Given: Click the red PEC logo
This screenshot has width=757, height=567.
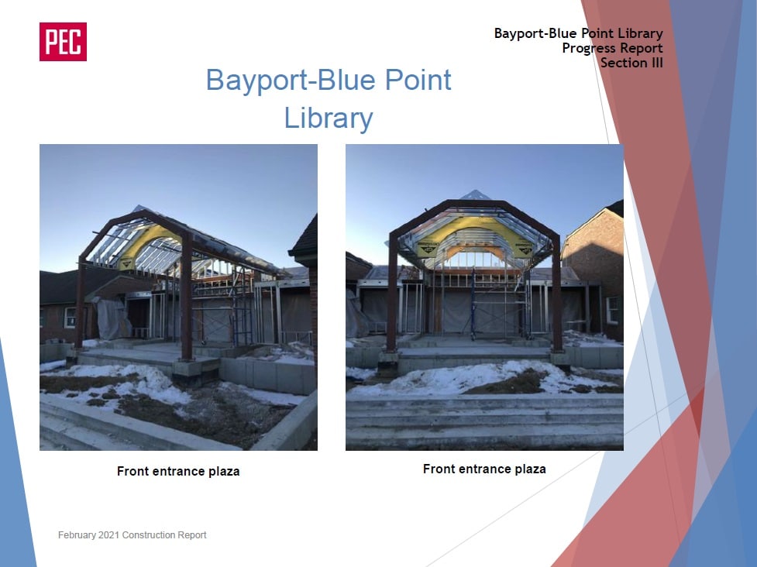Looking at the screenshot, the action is click(x=63, y=42).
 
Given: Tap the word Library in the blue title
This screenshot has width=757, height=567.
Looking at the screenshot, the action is click(x=329, y=119).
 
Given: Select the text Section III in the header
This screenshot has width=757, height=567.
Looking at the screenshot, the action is click(x=631, y=63).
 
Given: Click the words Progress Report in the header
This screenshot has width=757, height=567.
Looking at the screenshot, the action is click(x=612, y=48).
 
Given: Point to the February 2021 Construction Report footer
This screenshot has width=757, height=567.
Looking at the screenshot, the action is click(x=132, y=534).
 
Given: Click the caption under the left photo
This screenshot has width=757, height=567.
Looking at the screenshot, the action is click(x=178, y=471).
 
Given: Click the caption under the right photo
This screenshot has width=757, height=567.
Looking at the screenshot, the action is click(x=484, y=469).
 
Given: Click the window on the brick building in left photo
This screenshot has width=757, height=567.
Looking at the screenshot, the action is click(x=70, y=317).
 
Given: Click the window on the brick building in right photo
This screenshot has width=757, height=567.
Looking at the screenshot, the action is click(x=612, y=310).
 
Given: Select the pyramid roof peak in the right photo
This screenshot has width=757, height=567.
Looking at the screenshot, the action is click(x=475, y=194).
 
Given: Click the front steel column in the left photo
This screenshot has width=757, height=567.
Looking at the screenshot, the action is click(x=187, y=297).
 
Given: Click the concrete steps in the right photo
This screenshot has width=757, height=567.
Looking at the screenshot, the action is click(x=484, y=421).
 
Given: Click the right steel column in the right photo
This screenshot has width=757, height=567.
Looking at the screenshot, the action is click(x=556, y=294).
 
